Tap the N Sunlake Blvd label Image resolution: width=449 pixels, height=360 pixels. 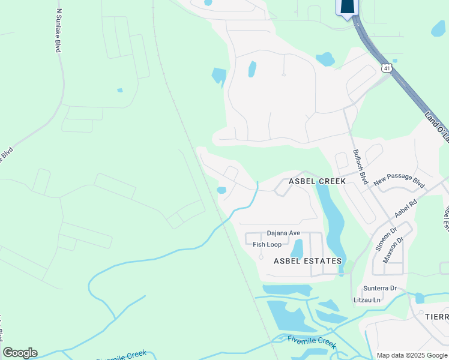58,30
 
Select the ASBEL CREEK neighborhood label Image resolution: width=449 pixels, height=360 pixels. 317,181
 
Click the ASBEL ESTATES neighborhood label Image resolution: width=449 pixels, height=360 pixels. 307,261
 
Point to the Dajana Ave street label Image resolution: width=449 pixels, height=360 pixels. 283,233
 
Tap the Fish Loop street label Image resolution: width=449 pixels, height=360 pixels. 267,245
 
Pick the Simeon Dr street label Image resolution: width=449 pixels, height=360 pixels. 382,238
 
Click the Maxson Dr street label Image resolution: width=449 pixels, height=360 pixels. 393,250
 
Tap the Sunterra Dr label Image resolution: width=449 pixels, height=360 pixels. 379,288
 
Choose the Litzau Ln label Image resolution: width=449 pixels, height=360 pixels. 369,299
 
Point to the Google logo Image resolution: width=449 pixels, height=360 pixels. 20,353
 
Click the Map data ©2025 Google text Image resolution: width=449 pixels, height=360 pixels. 411,355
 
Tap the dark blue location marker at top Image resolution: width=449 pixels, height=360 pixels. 347,8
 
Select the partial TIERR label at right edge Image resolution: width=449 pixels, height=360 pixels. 437,317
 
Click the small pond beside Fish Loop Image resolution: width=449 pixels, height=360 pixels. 297,248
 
